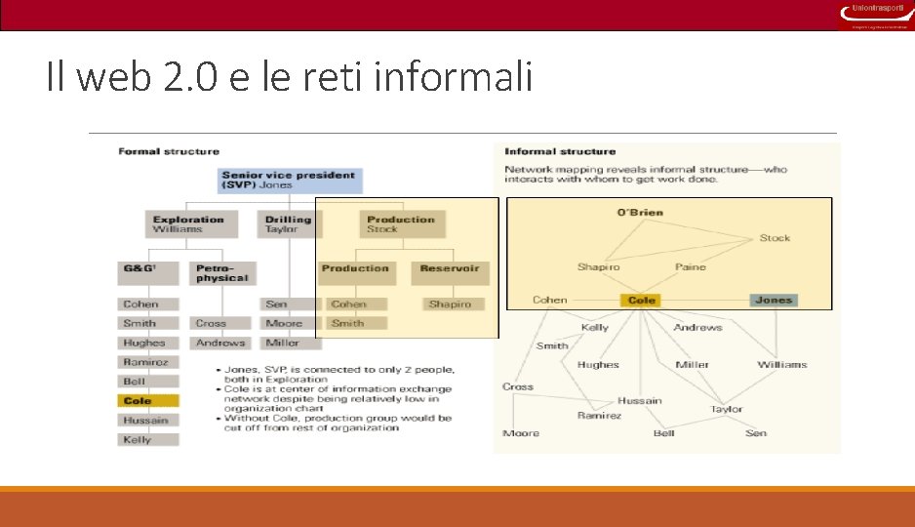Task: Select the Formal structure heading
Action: pos(169,151)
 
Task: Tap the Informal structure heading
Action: pos(560,151)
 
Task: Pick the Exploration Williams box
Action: pos(188,224)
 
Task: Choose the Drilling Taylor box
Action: pos(288,224)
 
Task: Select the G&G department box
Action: pos(148,273)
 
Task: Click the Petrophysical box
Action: pos(222,273)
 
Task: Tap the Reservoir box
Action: pos(450,273)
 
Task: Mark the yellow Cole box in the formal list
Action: pos(148,401)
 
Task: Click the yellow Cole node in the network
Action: pos(642,301)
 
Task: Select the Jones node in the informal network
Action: pos(774,301)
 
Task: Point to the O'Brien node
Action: pos(640,213)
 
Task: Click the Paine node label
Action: pos(690,266)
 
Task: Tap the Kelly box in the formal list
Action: pos(148,440)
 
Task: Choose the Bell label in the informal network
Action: pos(664,432)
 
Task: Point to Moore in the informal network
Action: pos(521,432)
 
